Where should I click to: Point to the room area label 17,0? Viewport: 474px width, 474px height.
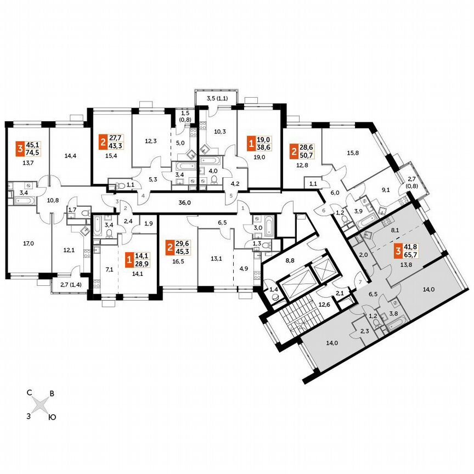(26, 239)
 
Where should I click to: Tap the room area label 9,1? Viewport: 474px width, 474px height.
(386, 191)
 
